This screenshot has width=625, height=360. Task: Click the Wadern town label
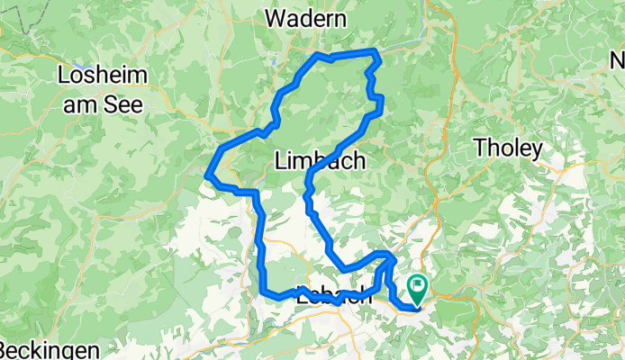[307, 18]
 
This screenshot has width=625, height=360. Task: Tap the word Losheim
[100, 75]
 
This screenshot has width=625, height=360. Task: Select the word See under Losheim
[123, 103]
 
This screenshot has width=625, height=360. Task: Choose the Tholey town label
[508, 147]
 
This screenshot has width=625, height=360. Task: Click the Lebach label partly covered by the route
[333, 298]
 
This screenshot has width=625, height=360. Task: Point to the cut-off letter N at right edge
[617, 62]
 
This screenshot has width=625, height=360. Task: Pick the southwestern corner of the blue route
[266, 292]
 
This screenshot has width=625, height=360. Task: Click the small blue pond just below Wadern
[273, 62]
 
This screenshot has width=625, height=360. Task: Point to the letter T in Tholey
[481, 147]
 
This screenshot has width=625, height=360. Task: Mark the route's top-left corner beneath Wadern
[315, 56]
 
